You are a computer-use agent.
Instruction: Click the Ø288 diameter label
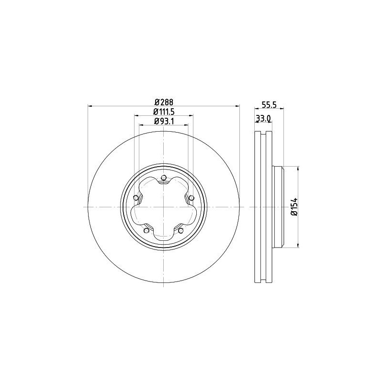click(163, 102)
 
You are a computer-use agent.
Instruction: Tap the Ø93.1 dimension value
click(163, 121)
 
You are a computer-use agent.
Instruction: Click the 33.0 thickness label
click(263, 118)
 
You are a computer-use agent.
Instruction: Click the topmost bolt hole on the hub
click(163, 179)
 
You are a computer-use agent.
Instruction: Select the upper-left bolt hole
click(135, 198)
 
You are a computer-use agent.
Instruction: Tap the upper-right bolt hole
click(191, 198)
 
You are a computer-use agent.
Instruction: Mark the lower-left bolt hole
click(146, 231)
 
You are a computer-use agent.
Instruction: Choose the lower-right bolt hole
click(180, 231)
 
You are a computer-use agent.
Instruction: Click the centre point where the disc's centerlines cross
click(163, 207)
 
